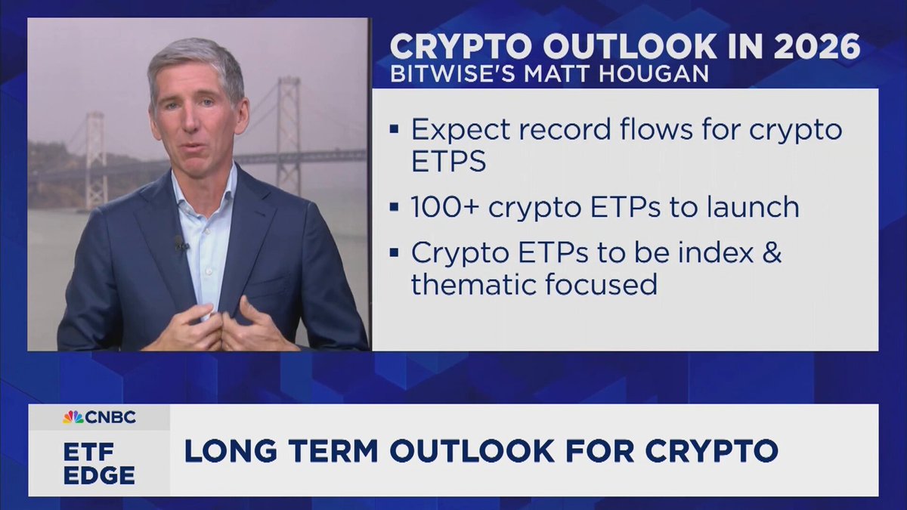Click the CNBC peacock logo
click(x=73, y=417)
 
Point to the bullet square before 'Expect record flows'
click(x=394, y=129)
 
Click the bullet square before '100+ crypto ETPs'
click(x=394, y=207)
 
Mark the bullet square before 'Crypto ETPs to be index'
click(x=394, y=253)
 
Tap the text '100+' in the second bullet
click(x=445, y=207)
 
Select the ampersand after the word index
click(x=772, y=252)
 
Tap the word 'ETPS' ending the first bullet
click(x=449, y=162)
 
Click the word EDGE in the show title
click(x=99, y=475)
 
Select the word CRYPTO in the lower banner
click(x=712, y=450)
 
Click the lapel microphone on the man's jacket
click(x=180, y=243)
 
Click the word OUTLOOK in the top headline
click(x=629, y=47)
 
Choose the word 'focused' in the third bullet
click(x=601, y=284)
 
